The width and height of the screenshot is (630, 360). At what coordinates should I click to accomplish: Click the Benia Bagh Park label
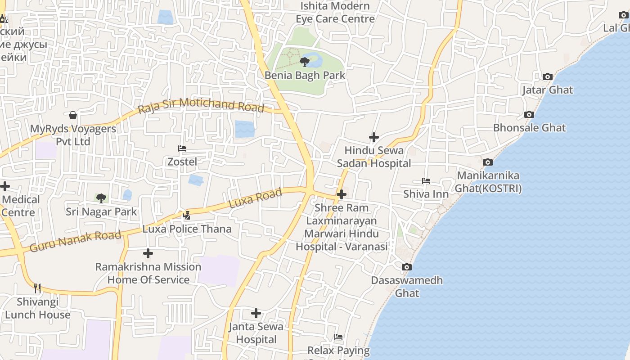pyautogui.click(x=305, y=75)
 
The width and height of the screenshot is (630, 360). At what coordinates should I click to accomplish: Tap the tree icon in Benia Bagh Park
pyautogui.click(x=305, y=62)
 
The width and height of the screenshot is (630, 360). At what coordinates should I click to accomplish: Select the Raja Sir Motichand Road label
pyautogui.click(x=201, y=105)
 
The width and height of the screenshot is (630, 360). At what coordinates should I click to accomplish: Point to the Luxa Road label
pyautogui.click(x=255, y=198)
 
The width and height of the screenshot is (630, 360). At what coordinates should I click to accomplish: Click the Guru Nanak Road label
pyautogui.click(x=75, y=241)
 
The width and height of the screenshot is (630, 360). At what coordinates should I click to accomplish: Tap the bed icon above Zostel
pyautogui.click(x=182, y=148)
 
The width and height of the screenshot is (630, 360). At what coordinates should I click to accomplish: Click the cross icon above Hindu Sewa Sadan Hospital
pyautogui.click(x=374, y=137)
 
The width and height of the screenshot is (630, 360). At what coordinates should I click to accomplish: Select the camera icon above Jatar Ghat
pyautogui.click(x=548, y=77)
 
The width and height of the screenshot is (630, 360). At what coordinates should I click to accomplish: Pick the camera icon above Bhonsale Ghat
pyautogui.click(x=529, y=115)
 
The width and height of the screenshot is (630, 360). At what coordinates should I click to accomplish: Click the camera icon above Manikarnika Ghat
pyautogui.click(x=488, y=162)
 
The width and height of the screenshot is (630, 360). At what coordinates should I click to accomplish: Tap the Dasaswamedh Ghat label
pyautogui.click(x=407, y=287)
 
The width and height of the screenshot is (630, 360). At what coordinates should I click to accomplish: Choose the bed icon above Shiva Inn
pyautogui.click(x=426, y=181)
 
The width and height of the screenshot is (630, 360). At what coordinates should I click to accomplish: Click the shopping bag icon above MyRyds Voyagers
pyautogui.click(x=73, y=116)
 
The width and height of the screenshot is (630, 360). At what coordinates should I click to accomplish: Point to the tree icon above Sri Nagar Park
pyautogui.click(x=101, y=198)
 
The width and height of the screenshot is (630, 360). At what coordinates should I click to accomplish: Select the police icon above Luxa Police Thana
pyautogui.click(x=186, y=216)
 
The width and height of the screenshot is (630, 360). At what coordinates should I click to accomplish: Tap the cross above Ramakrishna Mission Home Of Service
pyautogui.click(x=148, y=254)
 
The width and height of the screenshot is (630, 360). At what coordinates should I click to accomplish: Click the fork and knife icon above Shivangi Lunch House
pyautogui.click(x=37, y=288)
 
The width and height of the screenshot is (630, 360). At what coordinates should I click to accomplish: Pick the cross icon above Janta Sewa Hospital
pyautogui.click(x=256, y=313)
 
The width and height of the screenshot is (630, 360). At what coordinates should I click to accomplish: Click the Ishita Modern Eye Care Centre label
pyautogui.click(x=335, y=13)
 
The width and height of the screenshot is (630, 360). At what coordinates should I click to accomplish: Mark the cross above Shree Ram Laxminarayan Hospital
pyautogui.click(x=342, y=194)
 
